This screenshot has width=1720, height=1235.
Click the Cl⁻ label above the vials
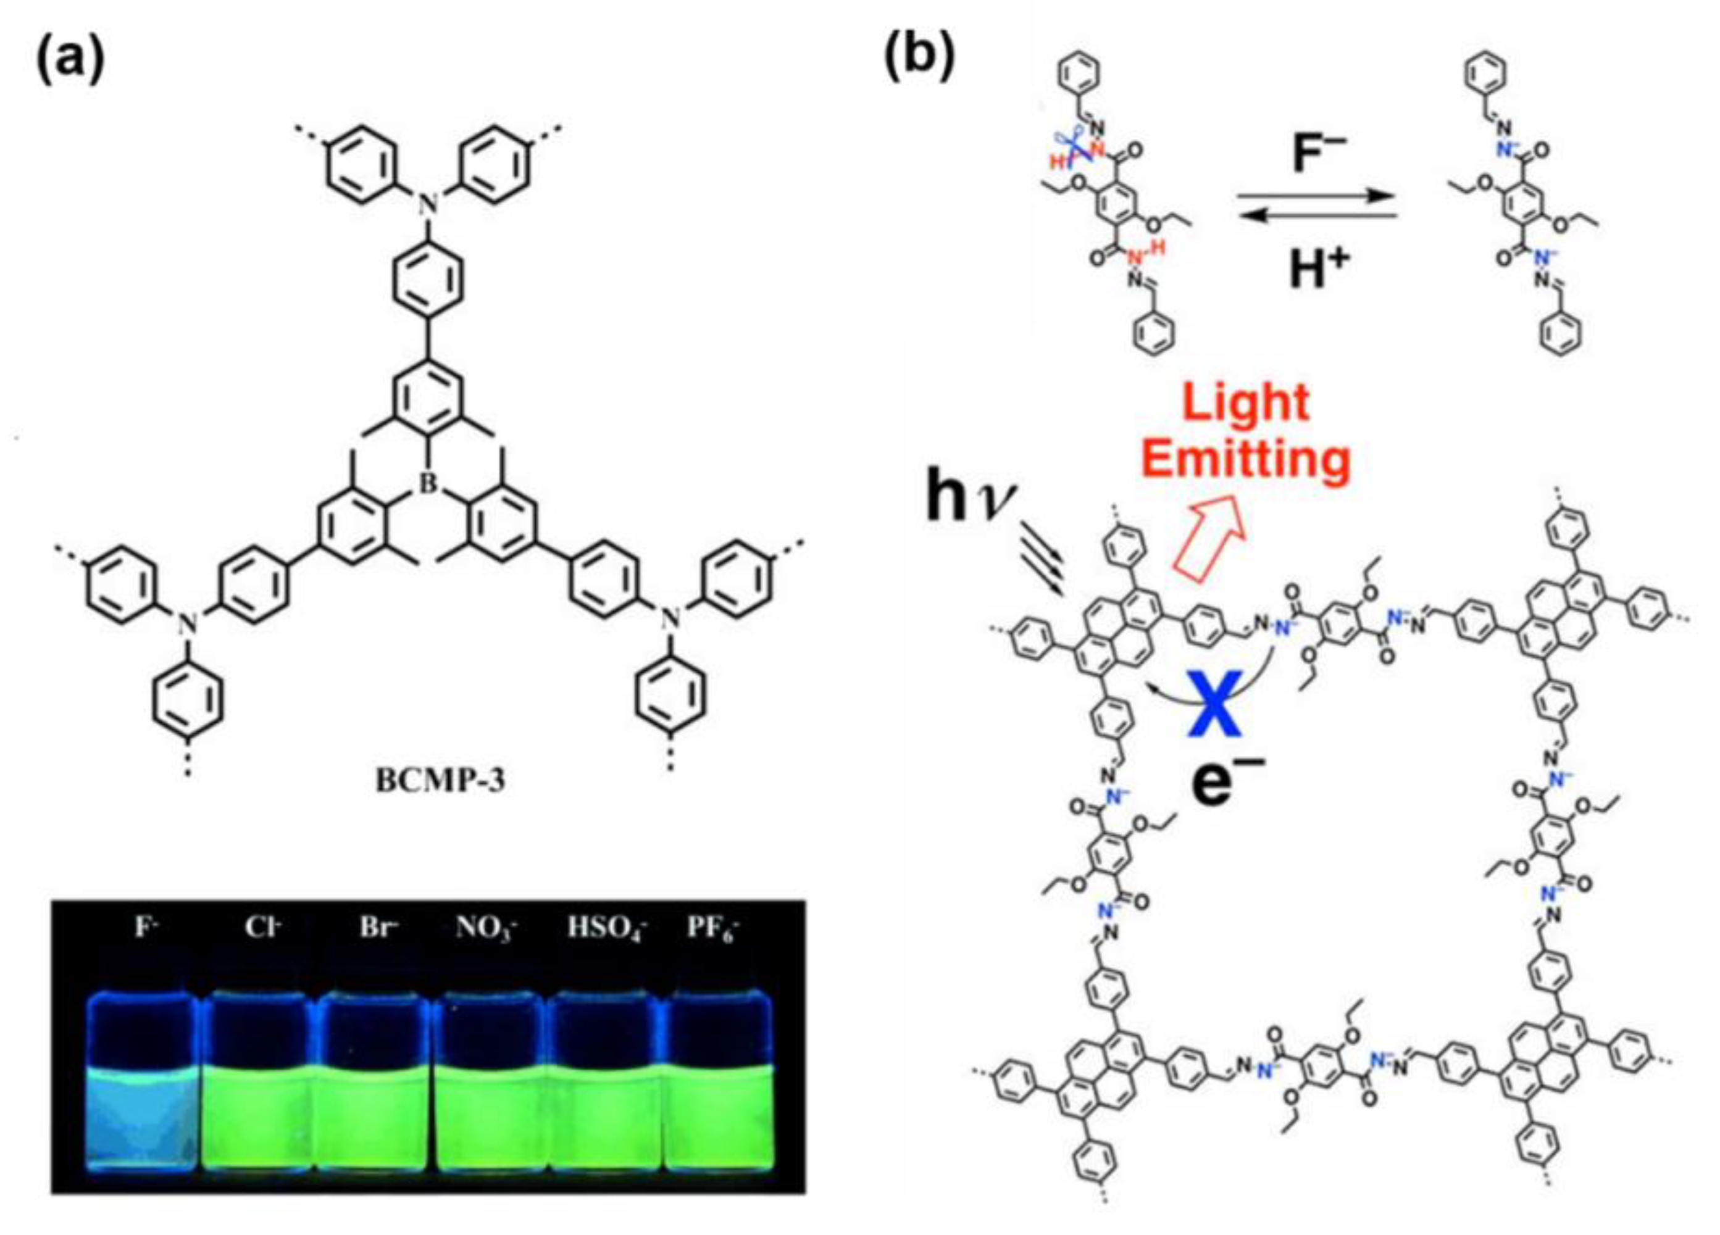(260, 927)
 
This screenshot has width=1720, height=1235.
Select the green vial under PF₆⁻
(717, 1115)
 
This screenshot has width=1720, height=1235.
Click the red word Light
(1246, 402)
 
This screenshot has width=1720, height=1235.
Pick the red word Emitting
(1246, 461)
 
